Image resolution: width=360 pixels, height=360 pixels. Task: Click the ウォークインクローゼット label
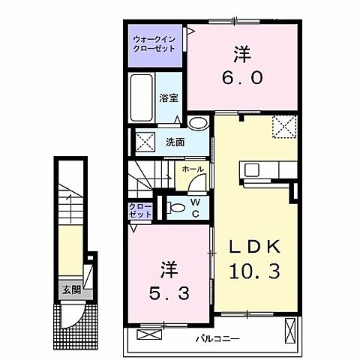point(154,42)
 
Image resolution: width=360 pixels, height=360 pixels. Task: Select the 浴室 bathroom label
point(169,97)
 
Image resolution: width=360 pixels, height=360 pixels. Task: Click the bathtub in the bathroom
point(142,98)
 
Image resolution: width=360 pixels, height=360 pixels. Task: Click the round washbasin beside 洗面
point(198,123)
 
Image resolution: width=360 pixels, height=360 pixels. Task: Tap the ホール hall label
point(191,170)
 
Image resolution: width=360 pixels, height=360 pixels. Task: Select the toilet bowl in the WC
point(175,206)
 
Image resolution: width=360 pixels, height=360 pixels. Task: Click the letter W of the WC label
point(194,201)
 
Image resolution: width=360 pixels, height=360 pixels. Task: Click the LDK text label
point(249,246)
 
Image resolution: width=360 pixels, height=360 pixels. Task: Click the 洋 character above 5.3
point(166,268)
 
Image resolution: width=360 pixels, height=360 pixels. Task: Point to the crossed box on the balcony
point(291,331)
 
